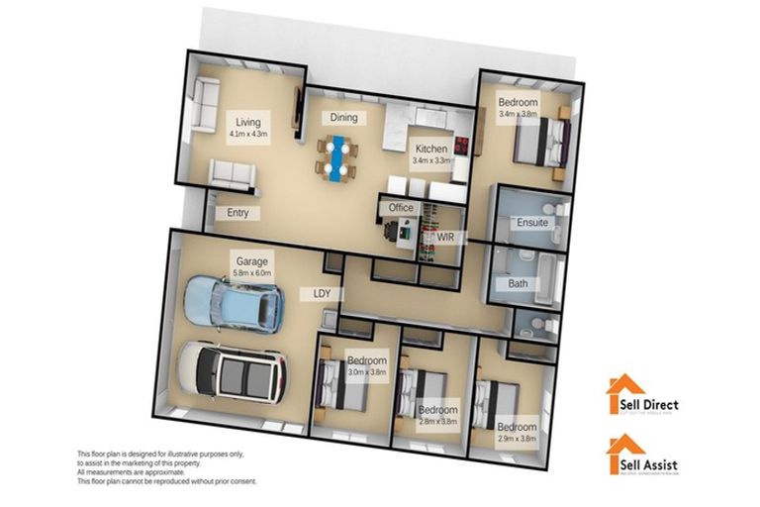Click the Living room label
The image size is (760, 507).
(235, 122)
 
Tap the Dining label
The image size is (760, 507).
(343, 118)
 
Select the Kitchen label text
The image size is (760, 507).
(430, 149)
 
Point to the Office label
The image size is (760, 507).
(401, 208)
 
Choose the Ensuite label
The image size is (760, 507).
(532, 223)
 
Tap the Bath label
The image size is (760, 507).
(518, 283)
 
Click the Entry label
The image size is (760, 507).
(237, 213)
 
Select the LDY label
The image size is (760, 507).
(322, 293)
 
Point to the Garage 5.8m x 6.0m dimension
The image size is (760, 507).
(251, 274)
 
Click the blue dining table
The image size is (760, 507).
(336, 157)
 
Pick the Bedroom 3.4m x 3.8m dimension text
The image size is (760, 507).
(519, 114)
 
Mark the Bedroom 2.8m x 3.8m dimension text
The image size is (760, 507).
(437, 421)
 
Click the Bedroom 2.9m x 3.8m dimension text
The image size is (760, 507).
(517, 439)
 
